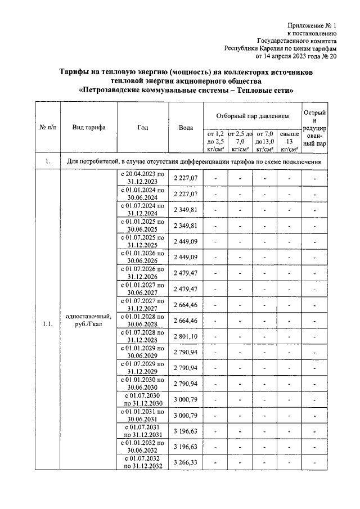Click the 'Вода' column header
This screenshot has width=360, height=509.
click(x=186, y=128)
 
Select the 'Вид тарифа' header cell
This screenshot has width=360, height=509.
click(x=88, y=128)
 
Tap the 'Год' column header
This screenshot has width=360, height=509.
click(x=142, y=128)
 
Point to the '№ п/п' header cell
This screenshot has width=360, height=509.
click(x=48, y=128)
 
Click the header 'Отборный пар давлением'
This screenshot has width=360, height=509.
click(x=253, y=116)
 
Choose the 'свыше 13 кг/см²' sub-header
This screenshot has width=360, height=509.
click(x=289, y=141)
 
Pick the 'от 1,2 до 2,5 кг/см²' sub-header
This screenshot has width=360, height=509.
click(x=216, y=141)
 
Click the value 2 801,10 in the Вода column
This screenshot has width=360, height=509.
click(x=186, y=336)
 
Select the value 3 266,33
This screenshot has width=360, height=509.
click(x=186, y=462)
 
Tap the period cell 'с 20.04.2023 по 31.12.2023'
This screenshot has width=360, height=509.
click(x=142, y=178)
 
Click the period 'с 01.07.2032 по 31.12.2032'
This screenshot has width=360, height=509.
click(x=142, y=462)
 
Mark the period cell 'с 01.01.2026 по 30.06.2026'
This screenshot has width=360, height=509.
click(x=142, y=257)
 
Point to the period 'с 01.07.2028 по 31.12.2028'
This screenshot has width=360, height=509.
click(x=142, y=336)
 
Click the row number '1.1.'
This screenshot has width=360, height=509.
click(x=48, y=323)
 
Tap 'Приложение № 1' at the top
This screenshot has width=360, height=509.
click(x=312, y=25)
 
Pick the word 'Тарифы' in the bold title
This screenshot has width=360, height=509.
click(x=75, y=72)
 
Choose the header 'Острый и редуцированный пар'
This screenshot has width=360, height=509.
click(x=314, y=128)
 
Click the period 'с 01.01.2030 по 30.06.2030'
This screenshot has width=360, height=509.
click(x=142, y=383)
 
